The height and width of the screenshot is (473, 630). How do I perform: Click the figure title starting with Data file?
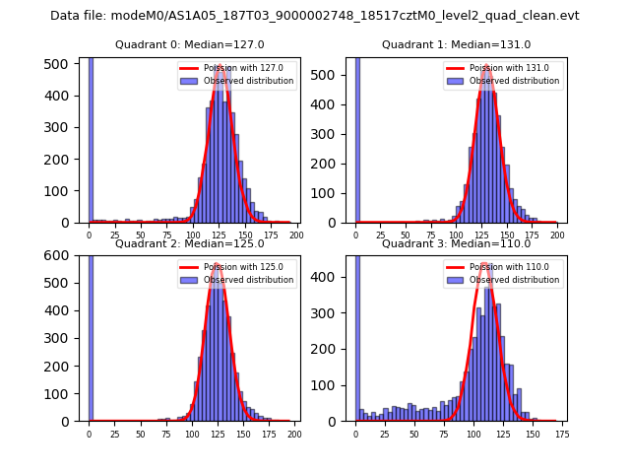(315, 16)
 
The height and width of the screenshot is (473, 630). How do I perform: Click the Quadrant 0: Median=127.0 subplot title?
(189, 44)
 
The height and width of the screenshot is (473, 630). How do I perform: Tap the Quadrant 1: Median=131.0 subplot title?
(456, 44)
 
